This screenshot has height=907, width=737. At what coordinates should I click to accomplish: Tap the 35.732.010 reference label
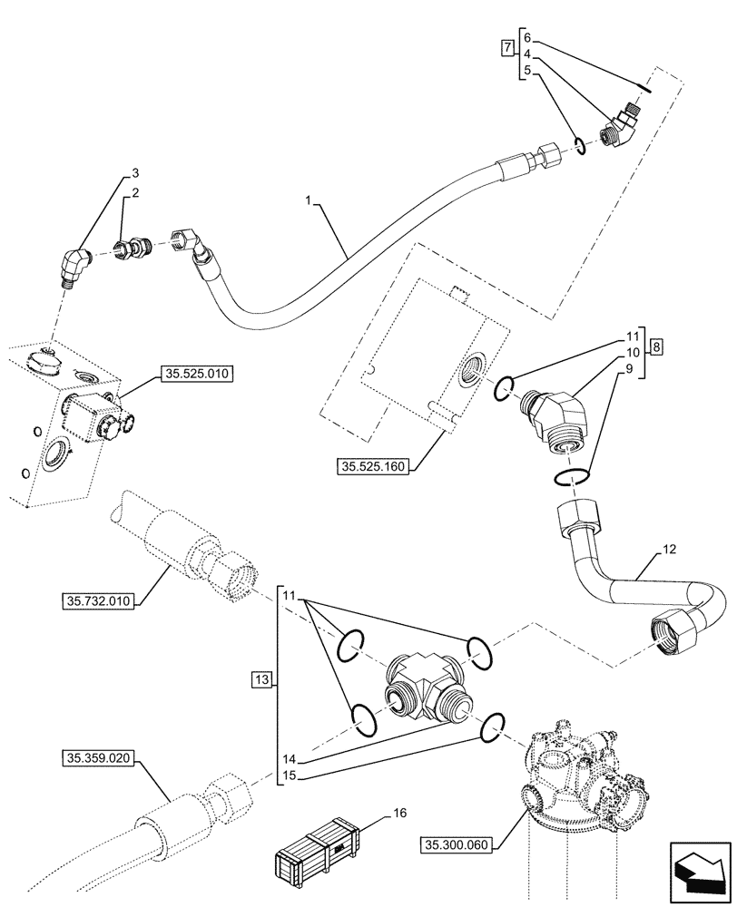tap(98, 600)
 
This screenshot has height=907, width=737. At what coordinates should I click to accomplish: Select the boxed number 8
tap(657, 346)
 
